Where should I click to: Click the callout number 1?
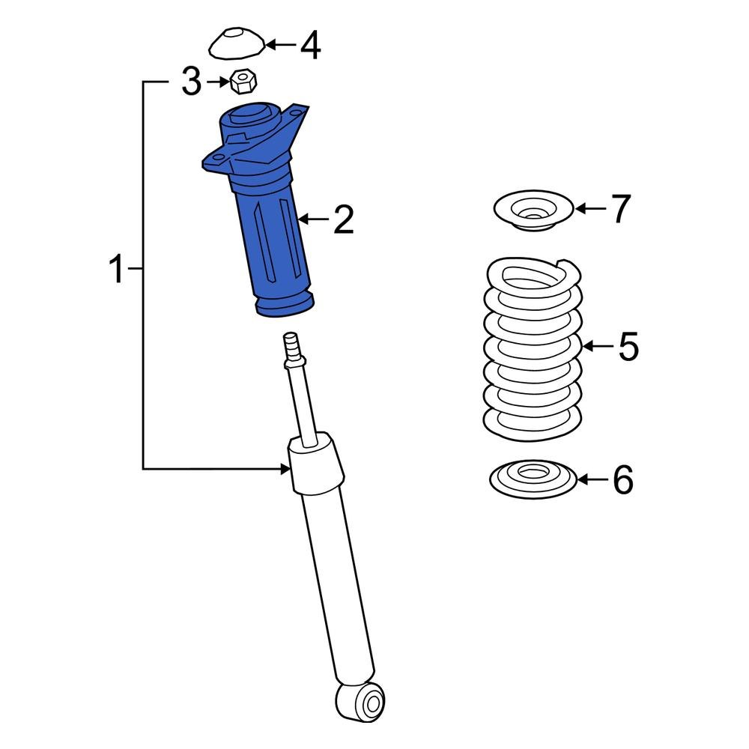click(117, 270)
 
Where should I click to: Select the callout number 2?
click(343, 220)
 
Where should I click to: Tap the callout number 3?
click(192, 82)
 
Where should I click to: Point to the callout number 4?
click(310, 46)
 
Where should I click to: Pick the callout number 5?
click(628, 347)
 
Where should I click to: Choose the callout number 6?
click(623, 480)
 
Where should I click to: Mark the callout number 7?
click(622, 209)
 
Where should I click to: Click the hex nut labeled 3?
click(240, 81)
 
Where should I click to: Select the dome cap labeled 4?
click(236, 44)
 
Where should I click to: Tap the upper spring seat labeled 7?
click(533, 211)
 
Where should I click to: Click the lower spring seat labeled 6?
click(533, 479)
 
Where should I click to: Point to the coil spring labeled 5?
click(533, 348)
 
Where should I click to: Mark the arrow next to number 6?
click(592, 480)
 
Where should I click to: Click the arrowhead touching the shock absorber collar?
click(285, 469)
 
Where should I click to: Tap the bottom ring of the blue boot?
click(285, 305)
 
